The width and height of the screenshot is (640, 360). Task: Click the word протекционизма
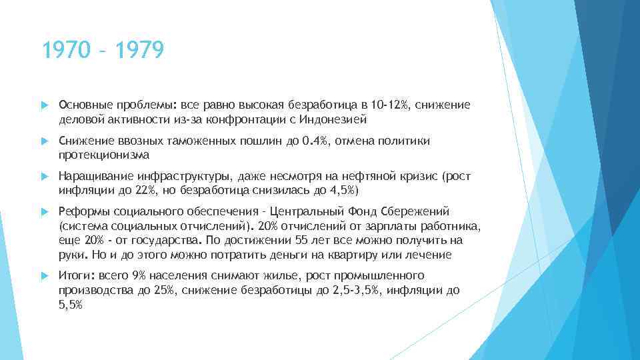click(104, 155)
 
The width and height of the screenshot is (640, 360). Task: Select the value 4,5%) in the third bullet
click(343, 191)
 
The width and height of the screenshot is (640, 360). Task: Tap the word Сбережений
click(418, 211)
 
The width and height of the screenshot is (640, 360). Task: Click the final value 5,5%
click(71, 305)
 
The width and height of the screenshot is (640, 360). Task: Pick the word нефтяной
click(361, 176)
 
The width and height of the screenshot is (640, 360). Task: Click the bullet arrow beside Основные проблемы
click(44, 105)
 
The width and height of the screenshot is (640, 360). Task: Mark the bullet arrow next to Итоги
click(44, 275)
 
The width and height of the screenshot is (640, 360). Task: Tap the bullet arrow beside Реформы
click(44, 211)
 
